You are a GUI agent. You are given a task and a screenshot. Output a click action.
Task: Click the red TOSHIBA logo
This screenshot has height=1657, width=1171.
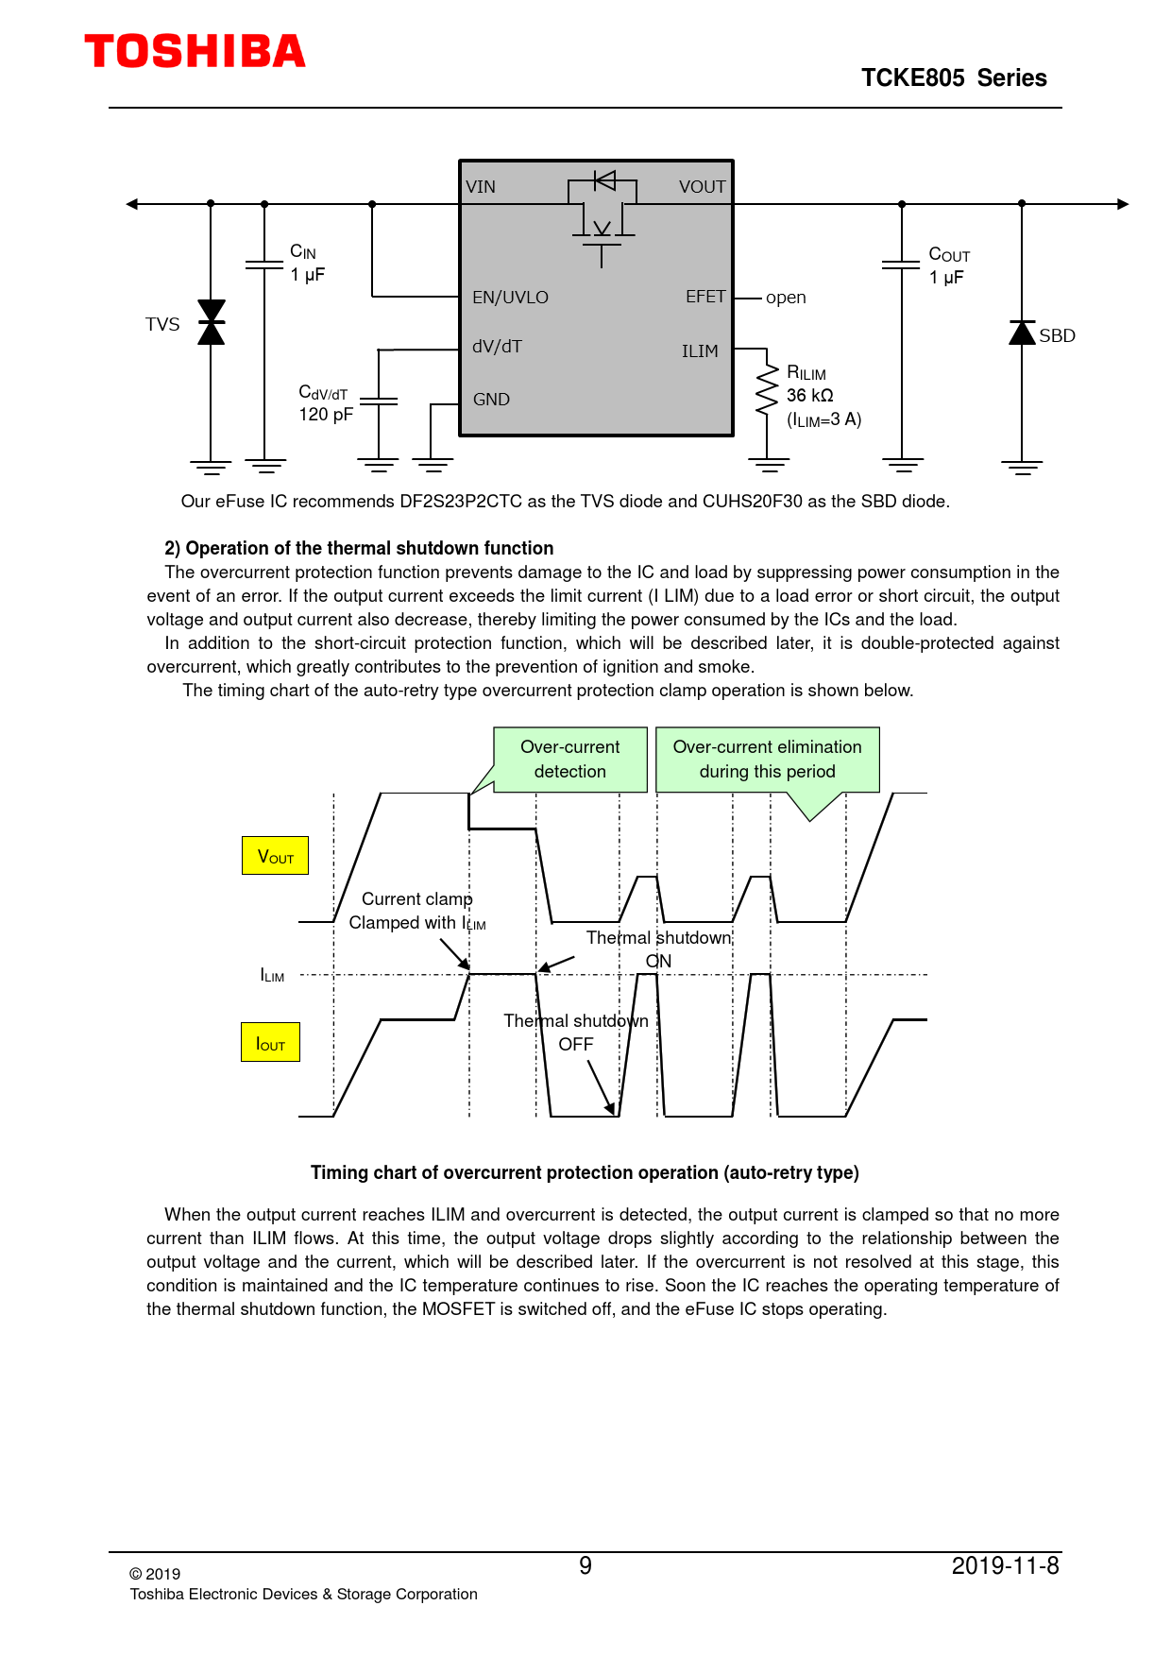pos(195,52)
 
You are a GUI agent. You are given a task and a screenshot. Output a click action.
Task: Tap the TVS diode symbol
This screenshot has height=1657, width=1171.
pos(211,322)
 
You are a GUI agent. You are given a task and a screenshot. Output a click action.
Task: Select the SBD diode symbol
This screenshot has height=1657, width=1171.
pos(1022,333)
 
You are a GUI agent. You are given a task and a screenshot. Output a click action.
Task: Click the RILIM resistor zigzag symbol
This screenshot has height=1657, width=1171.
pos(768,391)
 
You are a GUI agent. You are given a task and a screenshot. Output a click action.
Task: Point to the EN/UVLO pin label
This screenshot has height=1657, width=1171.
pos(510,298)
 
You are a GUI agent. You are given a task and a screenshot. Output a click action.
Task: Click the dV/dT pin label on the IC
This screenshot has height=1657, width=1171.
pos(497,347)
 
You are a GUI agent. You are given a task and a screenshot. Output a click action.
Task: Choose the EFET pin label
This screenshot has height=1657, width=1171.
pos(705,297)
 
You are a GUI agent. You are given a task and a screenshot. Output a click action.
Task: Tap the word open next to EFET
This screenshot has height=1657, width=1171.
pos(786,298)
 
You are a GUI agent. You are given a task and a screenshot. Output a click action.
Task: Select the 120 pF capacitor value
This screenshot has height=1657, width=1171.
pos(326,415)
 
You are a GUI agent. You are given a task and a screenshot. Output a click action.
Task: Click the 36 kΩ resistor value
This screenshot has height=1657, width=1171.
pos(810,396)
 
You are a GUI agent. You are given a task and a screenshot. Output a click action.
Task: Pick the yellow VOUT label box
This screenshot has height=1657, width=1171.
pos(275,856)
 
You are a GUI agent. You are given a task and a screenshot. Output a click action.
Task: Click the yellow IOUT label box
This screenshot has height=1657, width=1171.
pos(270,1043)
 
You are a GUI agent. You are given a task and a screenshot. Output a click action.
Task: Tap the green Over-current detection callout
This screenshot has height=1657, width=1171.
pos(570,760)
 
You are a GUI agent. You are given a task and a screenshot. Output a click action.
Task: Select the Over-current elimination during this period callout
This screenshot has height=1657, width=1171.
pos(767,760)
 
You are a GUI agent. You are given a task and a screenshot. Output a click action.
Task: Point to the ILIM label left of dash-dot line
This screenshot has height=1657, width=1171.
pos(272,975)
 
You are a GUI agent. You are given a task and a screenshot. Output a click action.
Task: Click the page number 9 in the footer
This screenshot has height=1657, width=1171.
pos(585,1566)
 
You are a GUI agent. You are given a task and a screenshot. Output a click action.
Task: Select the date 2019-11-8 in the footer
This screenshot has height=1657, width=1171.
pos(1005,1566)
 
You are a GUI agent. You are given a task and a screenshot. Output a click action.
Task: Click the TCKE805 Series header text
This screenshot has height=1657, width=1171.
pos(954,78)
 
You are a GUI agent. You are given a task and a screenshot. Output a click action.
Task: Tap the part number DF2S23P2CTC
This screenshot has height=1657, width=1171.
pos(461,502)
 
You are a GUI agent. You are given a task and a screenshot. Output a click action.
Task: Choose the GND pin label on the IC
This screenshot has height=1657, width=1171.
pos(491,400)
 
